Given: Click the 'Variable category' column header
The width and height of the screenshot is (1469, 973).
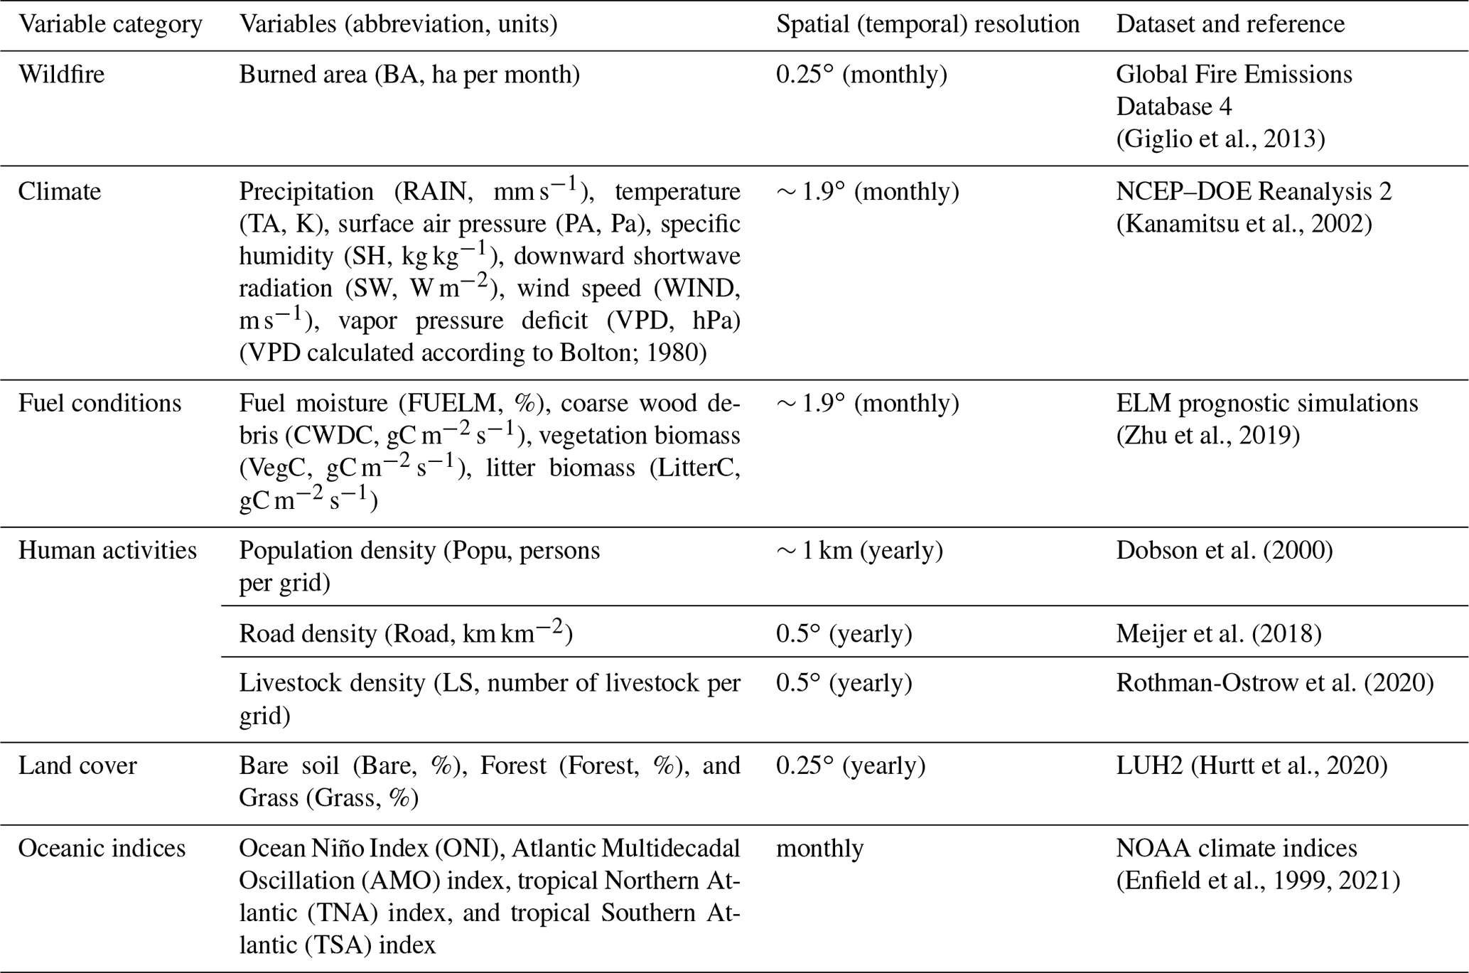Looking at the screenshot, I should [x=110, y=24].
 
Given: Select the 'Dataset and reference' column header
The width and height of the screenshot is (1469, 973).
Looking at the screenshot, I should [x=1230, y=24].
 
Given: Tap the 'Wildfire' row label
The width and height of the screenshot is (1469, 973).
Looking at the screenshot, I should [x=61, y=74].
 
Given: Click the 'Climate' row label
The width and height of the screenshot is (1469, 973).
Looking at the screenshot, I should [x=60, y=191].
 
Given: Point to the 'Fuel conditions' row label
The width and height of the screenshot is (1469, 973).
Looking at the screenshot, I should [x=99, y=403].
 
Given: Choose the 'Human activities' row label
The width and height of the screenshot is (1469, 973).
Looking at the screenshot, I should [x=107, y=550].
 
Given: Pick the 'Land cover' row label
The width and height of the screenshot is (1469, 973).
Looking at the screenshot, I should [x=77, y=765].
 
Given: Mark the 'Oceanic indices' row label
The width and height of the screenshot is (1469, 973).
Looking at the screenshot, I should [x=102, y=848].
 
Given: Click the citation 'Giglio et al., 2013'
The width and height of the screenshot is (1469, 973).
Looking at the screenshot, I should [x=1220, y=139].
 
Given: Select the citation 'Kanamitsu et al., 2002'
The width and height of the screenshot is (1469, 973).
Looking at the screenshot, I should [x=1244, y=224].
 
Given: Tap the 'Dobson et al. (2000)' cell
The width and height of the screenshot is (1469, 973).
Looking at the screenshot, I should [x=1225, y=550].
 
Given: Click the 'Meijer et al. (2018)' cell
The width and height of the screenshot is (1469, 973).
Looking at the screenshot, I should [x=1219, y=633].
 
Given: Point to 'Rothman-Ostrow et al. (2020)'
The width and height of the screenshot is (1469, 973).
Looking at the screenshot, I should [x=1275, y=682].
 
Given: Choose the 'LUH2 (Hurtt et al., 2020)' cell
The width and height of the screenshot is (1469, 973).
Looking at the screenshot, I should [x=1252, y=765].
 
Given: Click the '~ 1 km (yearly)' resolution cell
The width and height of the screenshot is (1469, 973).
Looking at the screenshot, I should [x=859, y=550].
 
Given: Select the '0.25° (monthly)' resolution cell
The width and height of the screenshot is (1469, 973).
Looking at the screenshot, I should [x=861, y=74].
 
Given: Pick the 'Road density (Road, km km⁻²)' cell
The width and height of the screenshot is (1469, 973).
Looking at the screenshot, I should [x=405, y=633].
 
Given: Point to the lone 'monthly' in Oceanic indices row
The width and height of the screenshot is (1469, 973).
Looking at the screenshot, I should [x=819, y=848].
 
